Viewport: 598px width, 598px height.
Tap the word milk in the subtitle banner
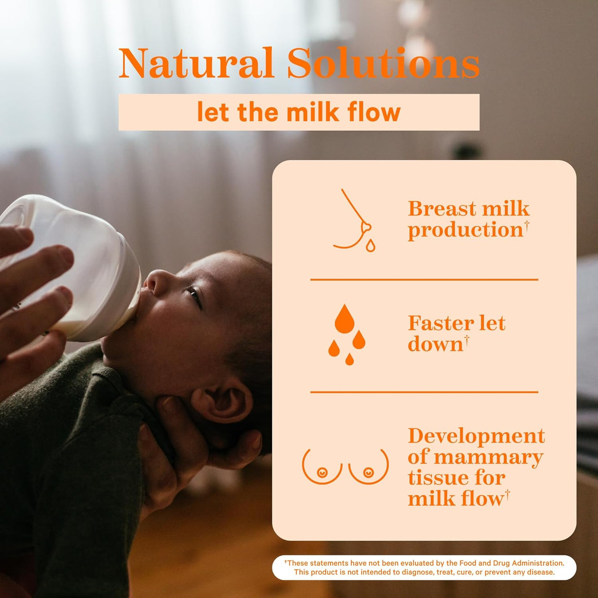click(x=312, y=113)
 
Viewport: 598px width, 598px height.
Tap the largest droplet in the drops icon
click(x=344, y=320)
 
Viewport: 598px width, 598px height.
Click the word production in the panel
click(x=465, y=230)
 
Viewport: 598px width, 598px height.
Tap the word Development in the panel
click(x=476, y=436)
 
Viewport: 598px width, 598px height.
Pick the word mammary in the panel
click(x=488, y=457)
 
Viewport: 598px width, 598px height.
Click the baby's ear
click(x=223, y=402)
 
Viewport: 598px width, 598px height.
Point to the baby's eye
click(x=193, y=294)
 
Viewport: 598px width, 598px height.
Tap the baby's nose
click(x=153, y=280)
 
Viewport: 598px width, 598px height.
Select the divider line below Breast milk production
click(x=424, y=279)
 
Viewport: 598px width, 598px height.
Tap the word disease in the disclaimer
click(x=541, y=572)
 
